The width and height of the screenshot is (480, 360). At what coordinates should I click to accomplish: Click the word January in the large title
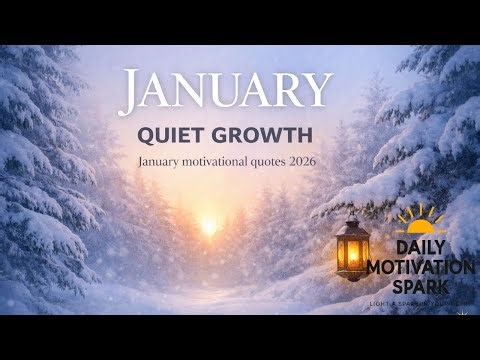click(225, 91)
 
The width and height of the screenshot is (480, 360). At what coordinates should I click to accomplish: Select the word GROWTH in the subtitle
click(267, 134)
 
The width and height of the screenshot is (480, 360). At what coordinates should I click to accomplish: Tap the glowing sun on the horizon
click(209, 226)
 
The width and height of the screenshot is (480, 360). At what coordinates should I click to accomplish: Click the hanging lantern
click(351, 248)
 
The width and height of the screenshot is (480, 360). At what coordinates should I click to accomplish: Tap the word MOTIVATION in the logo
click(420, 266)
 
